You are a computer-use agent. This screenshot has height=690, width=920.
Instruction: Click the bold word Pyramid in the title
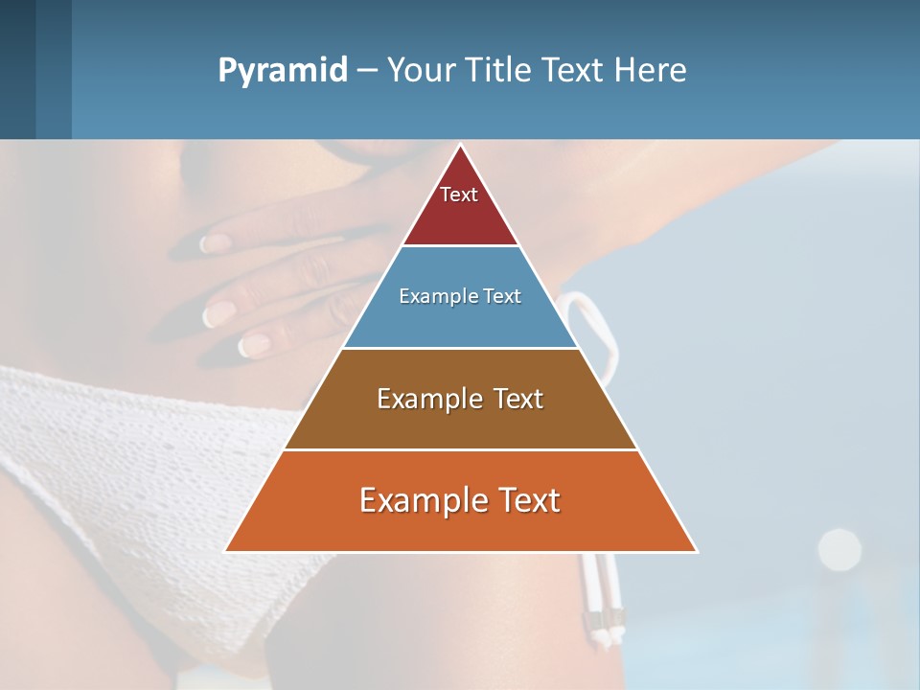[283, 71]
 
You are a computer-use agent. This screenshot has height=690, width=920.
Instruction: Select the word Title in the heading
[503, 71]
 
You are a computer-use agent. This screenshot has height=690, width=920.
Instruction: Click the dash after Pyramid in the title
[367, 71]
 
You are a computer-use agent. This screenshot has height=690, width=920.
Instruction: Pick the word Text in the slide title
[576, 71]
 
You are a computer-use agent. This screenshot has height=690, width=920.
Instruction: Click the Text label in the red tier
[459, 195]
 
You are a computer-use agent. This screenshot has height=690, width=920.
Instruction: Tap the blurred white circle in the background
[839, 548]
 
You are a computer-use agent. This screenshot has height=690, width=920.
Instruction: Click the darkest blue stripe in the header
[17, 69]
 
